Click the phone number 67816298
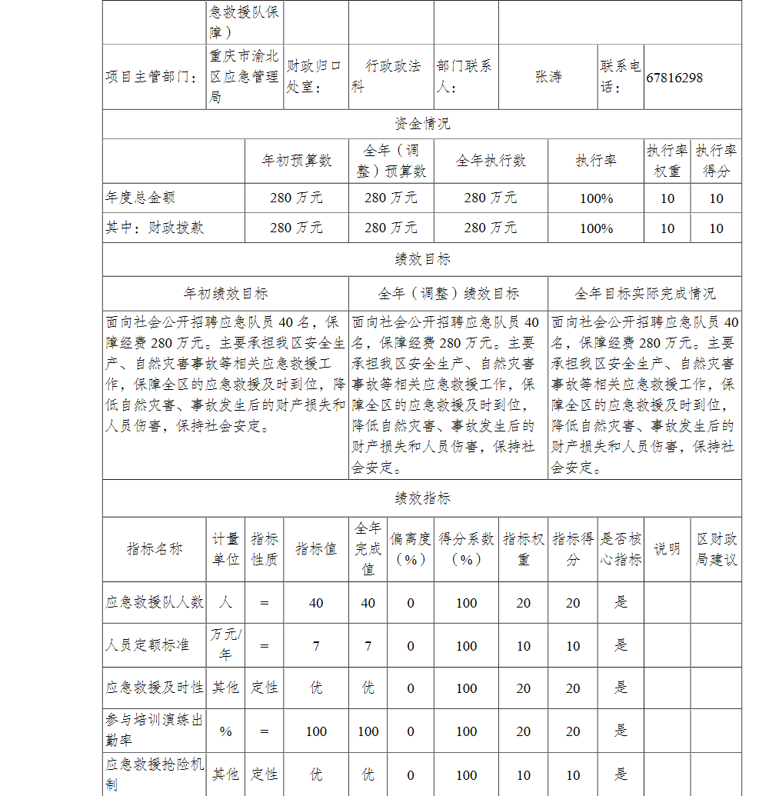pyautogui.click(x=674, y=78)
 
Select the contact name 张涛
pyautogui.click(x=548, y=78)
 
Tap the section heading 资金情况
pyautogui.click(x=421, y=124)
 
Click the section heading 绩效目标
pyautogui.click(x=421, y=260)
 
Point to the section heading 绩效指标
pyautogui.click(x=421, y=498)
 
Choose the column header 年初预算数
pyautogui.click(x=297, y=161)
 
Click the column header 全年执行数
pyautogui.click(x=491, y=161)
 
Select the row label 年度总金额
pyautogui.click(x=141, y=198)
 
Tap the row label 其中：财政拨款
pyautogui.click(x=155, y=228)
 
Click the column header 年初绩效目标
pyautogui.click(x=225, y=294)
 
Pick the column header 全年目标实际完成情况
pyautogui.click(x=644, y=294)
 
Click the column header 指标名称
pyautogui.click(x=155, y=549)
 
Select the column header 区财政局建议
pyautogui.click(x=716, y=549)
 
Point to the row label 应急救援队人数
pyautogui.click(x=155, y=603)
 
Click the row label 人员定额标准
pyautogui.click(x=147, y=645)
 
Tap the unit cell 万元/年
pyautogui.click(x=225, y=644)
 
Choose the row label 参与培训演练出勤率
pyautogui.click(x=155, y=731)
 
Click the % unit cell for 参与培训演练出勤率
pyautogui.click(x=225, y=731)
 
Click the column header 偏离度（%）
pyautogui.click(x=411, y=549)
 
